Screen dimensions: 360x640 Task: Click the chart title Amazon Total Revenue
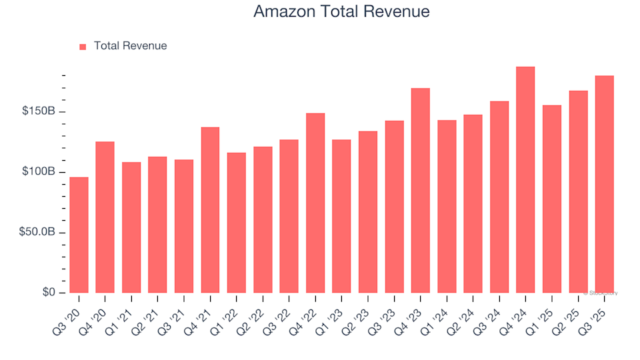click(341, 12)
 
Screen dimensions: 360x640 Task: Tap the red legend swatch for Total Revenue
click(83, 47)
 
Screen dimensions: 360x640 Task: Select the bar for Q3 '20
click(79, 235)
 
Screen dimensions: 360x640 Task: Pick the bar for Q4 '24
click(525, 180)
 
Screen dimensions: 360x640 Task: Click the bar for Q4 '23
click(420, 191)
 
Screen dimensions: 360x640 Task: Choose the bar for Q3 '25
click(604, 184)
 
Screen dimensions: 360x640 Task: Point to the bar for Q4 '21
click(210, 210)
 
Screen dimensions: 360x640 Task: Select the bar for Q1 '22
click(237, 223)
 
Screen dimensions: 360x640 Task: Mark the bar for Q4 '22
click(315, 203)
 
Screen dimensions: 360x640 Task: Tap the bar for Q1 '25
click(551, 199)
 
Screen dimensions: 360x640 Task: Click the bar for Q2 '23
click(368, 212)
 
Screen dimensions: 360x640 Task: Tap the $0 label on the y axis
click(48, 293)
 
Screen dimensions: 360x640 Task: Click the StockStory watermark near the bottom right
click(601, 293)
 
